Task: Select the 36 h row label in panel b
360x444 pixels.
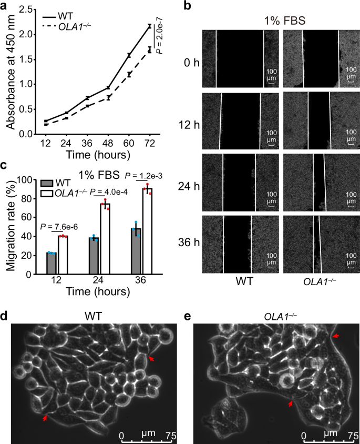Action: pos(185,246)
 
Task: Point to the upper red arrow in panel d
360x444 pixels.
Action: pos(151,358)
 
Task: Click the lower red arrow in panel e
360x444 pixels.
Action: pos(291,402)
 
